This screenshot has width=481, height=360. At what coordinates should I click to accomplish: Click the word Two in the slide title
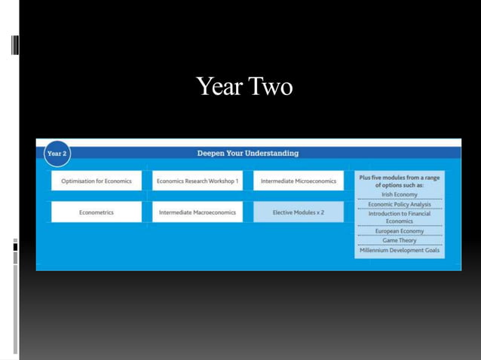tap(270, 87)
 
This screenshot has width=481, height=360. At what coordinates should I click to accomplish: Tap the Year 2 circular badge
tap(57, 154)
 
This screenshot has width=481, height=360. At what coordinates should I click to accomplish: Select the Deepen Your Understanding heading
tap(247, 153)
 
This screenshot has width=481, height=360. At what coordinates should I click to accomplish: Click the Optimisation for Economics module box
tap(96, 181)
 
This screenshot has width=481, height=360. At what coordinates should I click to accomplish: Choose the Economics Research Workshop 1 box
tap(197, 181)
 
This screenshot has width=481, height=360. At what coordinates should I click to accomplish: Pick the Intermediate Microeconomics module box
tap(298, 181)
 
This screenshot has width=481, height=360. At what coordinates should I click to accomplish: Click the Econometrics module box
tap(96, 212)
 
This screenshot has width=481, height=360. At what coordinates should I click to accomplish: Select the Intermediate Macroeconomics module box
tap(197, 212)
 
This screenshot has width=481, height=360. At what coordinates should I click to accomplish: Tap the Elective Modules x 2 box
tap(298, 212)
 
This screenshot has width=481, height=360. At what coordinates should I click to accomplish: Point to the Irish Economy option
tap(399, 194)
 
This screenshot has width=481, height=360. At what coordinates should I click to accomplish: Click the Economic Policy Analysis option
tap(399, 204)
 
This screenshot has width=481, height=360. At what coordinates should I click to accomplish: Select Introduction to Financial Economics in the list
tap(399, 217)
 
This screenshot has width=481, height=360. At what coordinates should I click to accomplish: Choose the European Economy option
tap(399, 231)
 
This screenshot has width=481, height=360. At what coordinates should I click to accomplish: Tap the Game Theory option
tap(399, 240)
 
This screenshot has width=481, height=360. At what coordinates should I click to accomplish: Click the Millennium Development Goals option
tap(399, 250)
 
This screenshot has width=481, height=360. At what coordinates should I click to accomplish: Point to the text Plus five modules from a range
tap(399, 178)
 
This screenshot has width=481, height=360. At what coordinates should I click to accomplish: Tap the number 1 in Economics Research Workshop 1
tap(236, 181)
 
